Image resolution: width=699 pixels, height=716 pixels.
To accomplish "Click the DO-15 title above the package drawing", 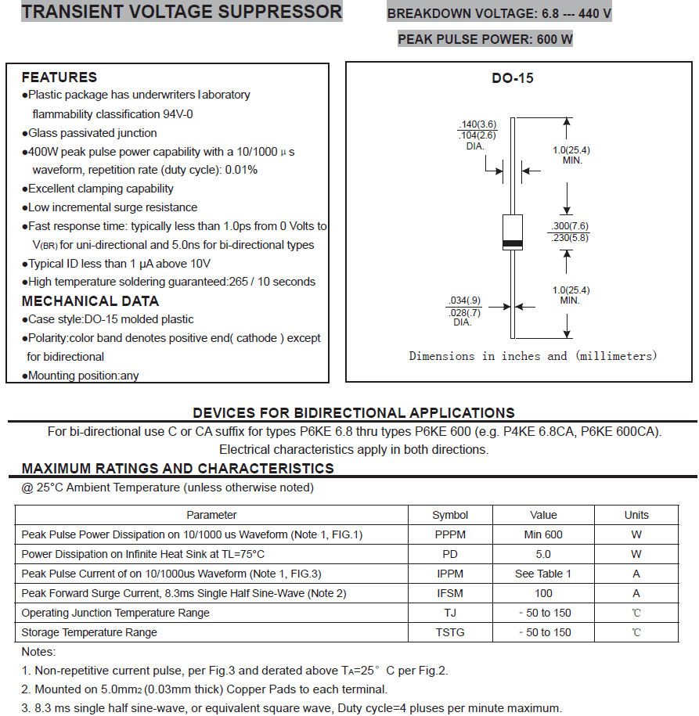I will pyautogui.click(x=513, y=78).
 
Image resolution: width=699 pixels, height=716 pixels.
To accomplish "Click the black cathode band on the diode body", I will pyautogui.click(x=513, y=243).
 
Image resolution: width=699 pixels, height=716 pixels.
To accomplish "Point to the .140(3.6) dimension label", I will pyautogui.click(x=477, y=124).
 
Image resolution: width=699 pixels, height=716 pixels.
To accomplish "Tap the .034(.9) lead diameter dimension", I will pyautogui.click(x=464, y=300).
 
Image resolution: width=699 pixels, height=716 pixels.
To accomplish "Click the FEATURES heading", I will pyautogui.click(x=59, y=77).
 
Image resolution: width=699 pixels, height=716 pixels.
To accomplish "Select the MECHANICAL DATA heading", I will pyautogui.click(x=90, y=301).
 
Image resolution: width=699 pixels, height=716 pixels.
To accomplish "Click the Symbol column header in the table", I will pyautogui.click(x=450, y=515).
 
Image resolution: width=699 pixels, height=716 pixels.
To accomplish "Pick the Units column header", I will pyautogui.click(x=636, y=515).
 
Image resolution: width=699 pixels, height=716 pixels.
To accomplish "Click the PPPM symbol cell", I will pyautogui.click(x=450, y=534).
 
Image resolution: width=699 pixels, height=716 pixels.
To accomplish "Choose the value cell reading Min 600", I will pyautogui.click(x=543, y=534).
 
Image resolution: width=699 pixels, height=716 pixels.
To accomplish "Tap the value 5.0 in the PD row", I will pyautogui.click(x=543, y=554).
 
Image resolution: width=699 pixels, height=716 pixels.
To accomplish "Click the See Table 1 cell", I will pyautogui.click(x=543, y=574).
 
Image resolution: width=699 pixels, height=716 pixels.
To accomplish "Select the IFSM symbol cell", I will pyautogui.click(x=450, y=593).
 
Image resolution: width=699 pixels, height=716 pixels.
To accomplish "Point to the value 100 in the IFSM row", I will pyautogui.click(x=543, y=593).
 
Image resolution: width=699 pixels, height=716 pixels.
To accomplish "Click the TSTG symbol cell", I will pyautogui.click(x=450, y=632).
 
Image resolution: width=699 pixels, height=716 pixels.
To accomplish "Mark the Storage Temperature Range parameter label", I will pyautogui.click(x=89, y=632).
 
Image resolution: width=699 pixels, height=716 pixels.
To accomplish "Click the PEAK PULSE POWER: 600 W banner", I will pyautogui.click(x=485, y=39).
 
